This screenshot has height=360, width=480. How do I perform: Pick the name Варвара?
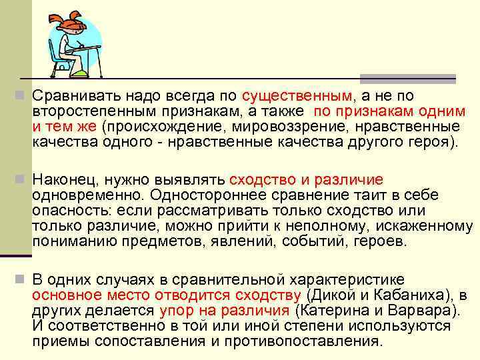[x=423, y=311]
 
